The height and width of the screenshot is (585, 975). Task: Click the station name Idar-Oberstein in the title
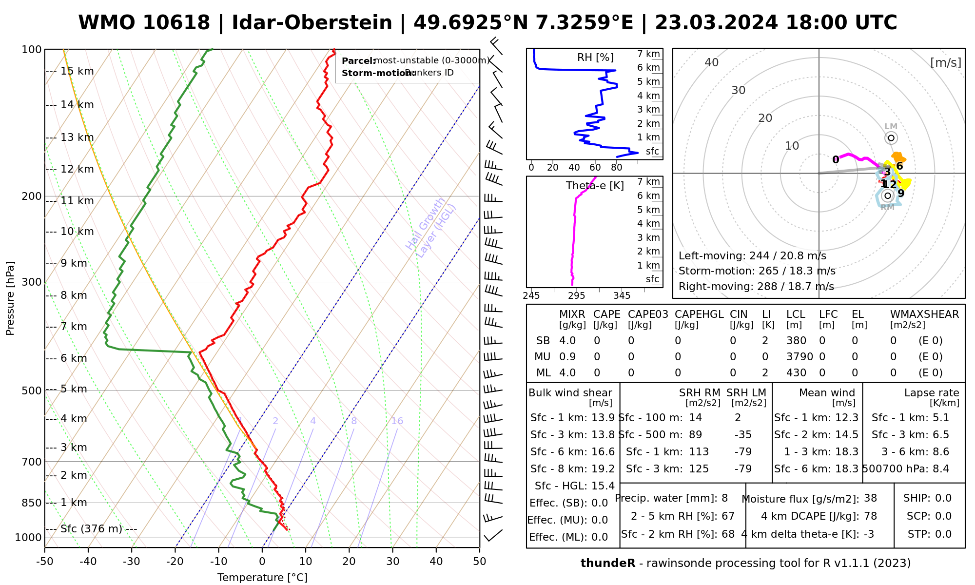click(312, 23)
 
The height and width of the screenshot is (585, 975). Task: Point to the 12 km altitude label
click(77, 169)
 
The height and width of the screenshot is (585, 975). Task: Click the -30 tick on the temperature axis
click(132, 562)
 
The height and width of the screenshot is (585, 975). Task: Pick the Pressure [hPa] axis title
click(10, 298)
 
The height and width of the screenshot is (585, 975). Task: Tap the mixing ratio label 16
click(397, 421)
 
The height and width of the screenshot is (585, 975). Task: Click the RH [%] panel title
click(595, 58)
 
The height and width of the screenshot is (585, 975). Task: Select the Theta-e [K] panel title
click(595, 186)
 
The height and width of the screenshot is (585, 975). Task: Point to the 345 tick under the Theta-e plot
click(622, 296)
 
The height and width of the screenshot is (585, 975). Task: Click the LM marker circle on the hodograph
click(891, 138)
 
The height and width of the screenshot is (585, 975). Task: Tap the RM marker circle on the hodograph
click(888, 195)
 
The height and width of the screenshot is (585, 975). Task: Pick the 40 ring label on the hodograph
click(712, 62)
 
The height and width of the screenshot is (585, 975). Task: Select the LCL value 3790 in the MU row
click(799, 357)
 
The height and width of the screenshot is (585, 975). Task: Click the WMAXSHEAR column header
click(924, 314)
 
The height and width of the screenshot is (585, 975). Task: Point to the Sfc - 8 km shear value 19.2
click(603, 469)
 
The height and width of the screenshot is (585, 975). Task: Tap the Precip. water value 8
click(724, 498)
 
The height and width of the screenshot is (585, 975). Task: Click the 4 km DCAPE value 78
click(870, 516)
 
